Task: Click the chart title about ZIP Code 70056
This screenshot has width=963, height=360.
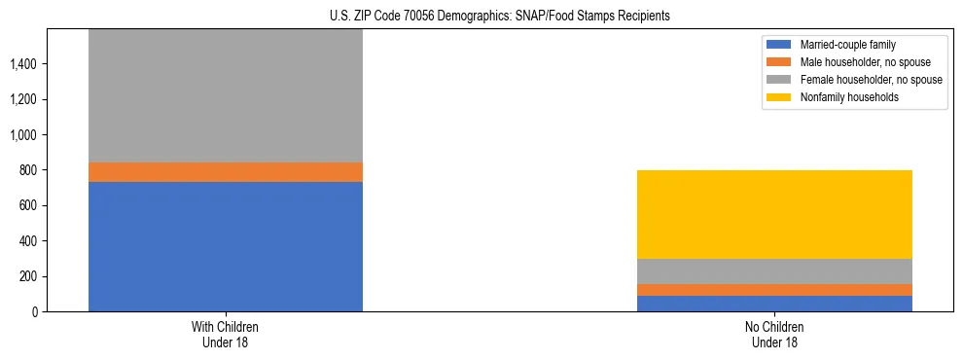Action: [481, 17]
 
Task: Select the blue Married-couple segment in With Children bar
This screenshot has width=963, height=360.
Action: [226, 246]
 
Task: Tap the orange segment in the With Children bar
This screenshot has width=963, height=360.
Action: [226, 172]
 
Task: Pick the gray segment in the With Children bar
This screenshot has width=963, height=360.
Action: [226, 95]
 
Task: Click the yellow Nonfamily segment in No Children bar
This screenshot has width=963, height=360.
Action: [774, 214]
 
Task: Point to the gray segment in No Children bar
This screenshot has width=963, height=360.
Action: [774, 271]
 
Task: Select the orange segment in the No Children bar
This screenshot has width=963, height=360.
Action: [774, 290]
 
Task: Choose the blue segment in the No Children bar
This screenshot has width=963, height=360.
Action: [774, 304]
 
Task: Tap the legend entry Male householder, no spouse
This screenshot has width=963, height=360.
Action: [860, 62]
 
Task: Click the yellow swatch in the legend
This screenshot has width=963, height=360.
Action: [779, 97]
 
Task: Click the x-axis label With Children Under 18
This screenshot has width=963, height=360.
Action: [226, 334]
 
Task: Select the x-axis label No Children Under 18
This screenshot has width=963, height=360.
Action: [774, 334]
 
